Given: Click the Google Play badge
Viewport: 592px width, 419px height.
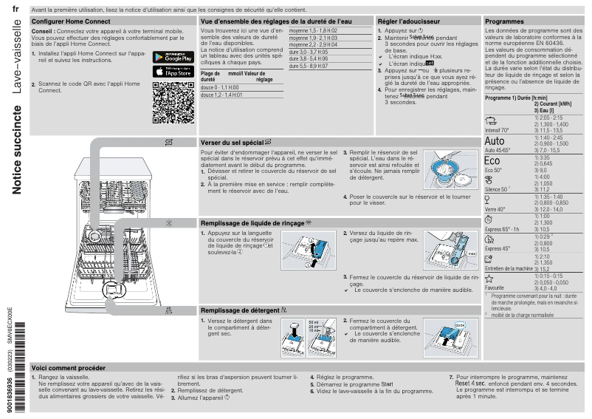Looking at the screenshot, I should click(173, 58).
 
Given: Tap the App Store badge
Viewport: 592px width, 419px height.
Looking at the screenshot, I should click(173, 72).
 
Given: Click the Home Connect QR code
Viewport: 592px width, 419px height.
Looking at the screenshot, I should click(173, 103).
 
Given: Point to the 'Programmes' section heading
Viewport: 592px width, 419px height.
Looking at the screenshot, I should click(504, 22).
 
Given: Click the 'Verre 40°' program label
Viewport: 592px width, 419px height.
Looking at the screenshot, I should click(495, 208).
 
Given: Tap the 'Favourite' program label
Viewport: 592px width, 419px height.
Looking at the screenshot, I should click(495, 287).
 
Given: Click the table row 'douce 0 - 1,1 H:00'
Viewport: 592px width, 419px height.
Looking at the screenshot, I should click(219, 87).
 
